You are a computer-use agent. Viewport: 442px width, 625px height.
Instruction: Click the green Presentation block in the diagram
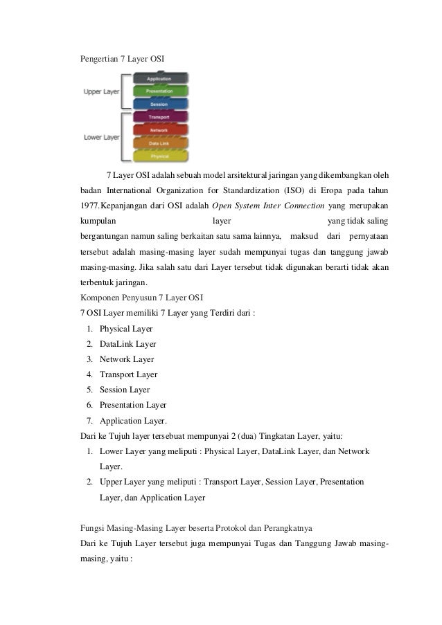pos(159,91)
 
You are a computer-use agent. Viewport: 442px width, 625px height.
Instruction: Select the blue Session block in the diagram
pos(159,104)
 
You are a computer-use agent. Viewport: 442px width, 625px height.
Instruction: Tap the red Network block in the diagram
pos(159,129)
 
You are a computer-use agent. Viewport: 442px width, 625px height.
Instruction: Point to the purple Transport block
pos(159,117)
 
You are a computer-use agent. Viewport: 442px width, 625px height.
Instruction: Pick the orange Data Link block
pos(159,143)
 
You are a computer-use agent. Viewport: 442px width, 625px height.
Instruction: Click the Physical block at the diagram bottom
pos(159,156)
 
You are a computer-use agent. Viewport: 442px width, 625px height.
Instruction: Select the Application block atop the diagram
pos(159,78)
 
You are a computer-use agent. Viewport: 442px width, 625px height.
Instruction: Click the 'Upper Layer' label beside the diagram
pos(101,91)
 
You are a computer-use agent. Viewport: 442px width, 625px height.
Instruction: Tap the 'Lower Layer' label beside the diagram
pos(101,137)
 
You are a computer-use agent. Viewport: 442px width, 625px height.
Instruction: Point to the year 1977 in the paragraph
pos(90,206)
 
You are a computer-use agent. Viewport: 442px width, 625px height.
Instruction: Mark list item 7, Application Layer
pos(133,420)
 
